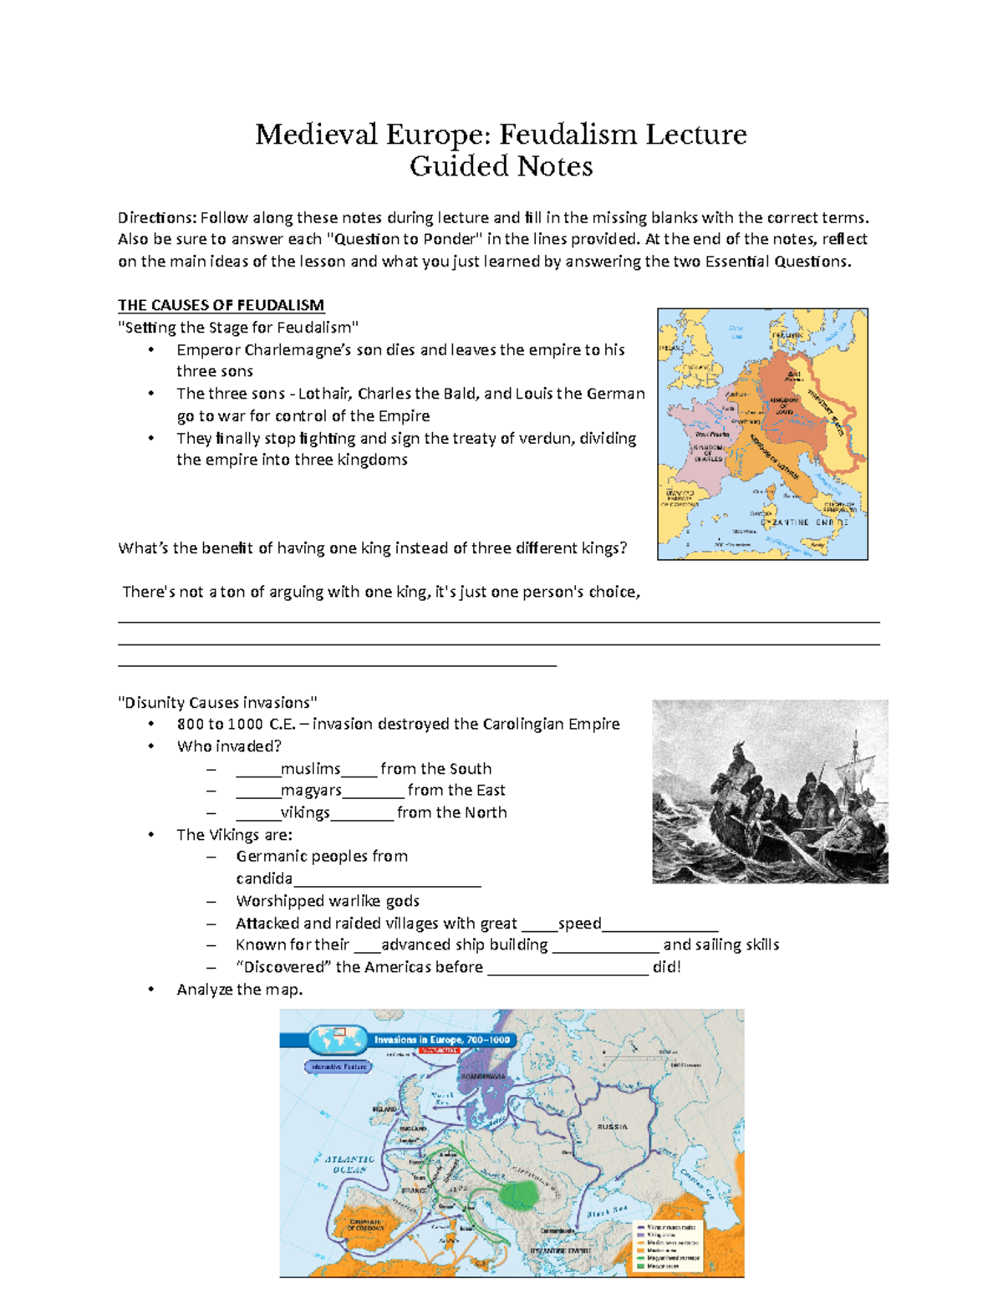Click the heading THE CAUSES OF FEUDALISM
click(221, 305)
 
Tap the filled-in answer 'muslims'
click(311, 769)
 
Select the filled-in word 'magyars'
click(311, 791)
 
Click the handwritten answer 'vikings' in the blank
click(305, 812)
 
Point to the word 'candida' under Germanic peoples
click(264, 878)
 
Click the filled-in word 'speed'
click(579, 924)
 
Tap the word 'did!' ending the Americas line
click(666, 967)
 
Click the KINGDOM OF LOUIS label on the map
click(784, 405)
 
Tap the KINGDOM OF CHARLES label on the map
click(707, 452)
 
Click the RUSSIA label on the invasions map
click(612, 1127)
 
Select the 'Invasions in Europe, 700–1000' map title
click(441, 1040)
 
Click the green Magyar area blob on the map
click(520, 1193)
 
